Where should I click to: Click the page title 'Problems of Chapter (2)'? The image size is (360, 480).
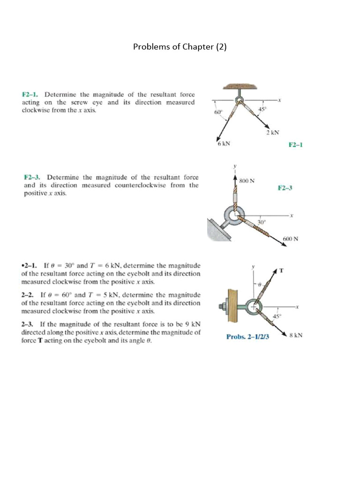(180, 47)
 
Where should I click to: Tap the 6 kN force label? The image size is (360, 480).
(224, 144)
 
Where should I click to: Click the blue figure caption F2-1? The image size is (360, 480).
(296, 145)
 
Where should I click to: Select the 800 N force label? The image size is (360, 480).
(247, 180)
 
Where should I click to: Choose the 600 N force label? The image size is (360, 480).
(291, 239)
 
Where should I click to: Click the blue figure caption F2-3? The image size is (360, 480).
(285, 188)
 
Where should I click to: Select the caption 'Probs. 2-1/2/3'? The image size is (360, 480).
(247, 337)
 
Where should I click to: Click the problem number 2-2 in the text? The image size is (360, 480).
(28, 295)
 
